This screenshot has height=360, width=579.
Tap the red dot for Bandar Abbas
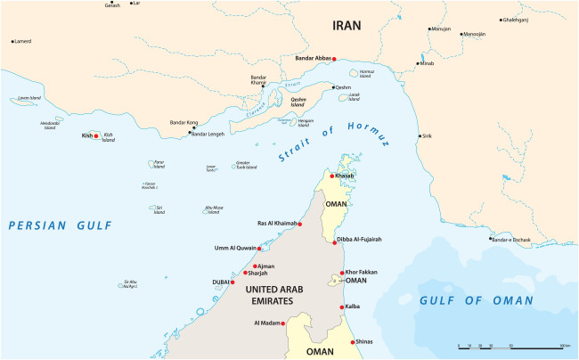pos(334,59)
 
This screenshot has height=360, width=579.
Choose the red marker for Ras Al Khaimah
pos(300,224)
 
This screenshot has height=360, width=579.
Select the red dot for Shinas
pos(354,342)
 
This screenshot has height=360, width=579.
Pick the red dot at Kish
pos(96,136)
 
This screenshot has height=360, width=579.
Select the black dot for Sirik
pos(420,136)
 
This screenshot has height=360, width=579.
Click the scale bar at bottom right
pos(513,345)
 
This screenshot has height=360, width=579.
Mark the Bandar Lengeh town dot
pos(191,134)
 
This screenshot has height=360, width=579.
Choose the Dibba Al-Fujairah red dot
pos(334,241)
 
